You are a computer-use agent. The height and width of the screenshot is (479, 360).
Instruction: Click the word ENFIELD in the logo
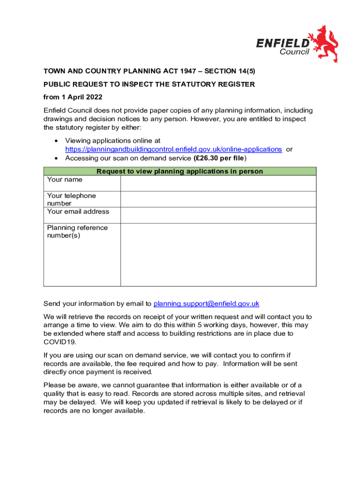[x=282, y=43]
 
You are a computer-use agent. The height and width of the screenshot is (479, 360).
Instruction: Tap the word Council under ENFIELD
[x=294, y=52]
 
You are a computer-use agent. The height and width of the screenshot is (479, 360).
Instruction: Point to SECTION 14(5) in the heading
[x=234, y=71]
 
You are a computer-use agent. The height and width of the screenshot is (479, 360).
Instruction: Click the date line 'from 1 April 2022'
[x=72, y=97]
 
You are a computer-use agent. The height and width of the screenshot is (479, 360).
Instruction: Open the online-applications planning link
[x=173, y=149]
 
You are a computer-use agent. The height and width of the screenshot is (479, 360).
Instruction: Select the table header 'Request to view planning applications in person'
[x=180, y=171]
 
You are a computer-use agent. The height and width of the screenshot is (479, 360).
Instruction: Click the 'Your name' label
[x=65, y=180]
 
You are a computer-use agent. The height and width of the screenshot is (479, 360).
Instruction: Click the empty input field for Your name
[x=218, y=183]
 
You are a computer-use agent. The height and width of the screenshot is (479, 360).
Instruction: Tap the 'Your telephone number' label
[x=71, y=199]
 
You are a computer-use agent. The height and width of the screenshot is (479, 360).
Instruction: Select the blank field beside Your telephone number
[x=218, y=199]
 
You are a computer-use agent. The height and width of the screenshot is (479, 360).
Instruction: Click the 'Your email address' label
[x=78, y=211]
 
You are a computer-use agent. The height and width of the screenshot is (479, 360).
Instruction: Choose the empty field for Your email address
[x=218, y=215]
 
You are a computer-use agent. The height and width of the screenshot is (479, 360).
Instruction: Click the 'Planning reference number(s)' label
[x=77, y=232]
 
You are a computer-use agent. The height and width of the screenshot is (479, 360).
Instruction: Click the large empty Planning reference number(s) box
[x=218, y=254]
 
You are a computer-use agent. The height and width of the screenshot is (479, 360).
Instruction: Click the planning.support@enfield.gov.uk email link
[x=206, y=304]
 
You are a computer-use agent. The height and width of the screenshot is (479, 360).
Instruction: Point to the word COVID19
[x=58, y=342]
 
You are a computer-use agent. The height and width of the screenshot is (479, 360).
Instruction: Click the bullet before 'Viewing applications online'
[x=57, y=141]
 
